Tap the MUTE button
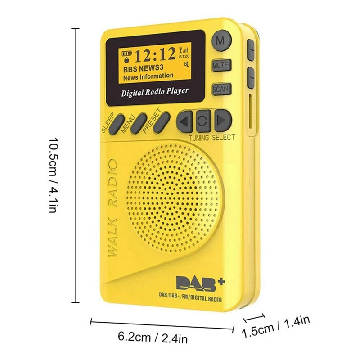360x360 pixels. pos(220,65)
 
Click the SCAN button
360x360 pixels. pos(220,89)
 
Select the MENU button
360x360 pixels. pos(135,122)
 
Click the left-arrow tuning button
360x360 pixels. pos(184,121)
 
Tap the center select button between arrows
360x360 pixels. pos(203,121)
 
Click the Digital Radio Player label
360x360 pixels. pos(154,92)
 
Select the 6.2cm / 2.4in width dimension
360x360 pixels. pos(153,336)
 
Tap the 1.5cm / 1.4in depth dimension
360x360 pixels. pos(276,326)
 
